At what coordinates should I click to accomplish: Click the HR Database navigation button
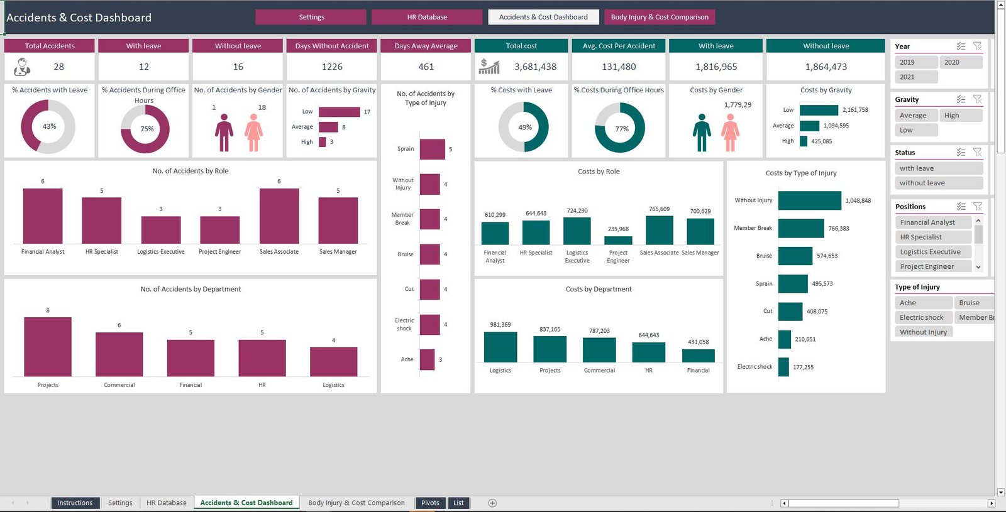[427, 17]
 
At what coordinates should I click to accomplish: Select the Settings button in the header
[311, 17]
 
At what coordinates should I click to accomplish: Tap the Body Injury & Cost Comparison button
[660, 17]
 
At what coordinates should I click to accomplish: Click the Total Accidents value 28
[58, 67]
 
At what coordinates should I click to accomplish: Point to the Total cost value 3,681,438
[535, 67]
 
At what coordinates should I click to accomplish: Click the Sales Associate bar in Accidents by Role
[279, 215]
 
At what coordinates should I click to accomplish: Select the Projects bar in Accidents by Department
[48, 347]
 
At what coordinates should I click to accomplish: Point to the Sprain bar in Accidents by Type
[432, 150]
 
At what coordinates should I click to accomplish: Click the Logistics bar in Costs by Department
[500, 347]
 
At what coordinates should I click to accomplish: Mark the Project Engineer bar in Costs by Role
[618, 240]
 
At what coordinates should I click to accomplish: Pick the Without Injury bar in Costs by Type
[809, 200]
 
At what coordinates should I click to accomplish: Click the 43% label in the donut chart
[49, 126]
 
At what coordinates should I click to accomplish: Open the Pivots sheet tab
[430, 503]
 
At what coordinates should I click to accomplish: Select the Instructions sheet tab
[75, 503]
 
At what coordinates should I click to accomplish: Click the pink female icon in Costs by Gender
[730, 133]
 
